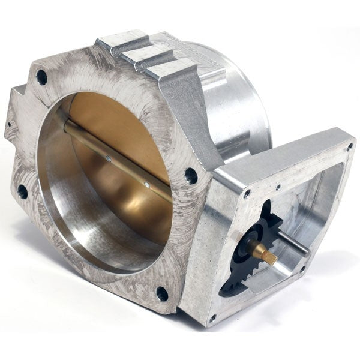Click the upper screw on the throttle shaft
(107, 158)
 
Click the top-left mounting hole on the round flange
(41, 76)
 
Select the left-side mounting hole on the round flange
(22, 191)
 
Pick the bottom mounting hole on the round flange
(162, 293)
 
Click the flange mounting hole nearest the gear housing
(191, 175)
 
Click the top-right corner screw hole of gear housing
(349, 146)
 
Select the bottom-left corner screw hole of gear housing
(211, 319)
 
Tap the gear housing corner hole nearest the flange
(247, 193)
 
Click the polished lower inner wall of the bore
(90, 240)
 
